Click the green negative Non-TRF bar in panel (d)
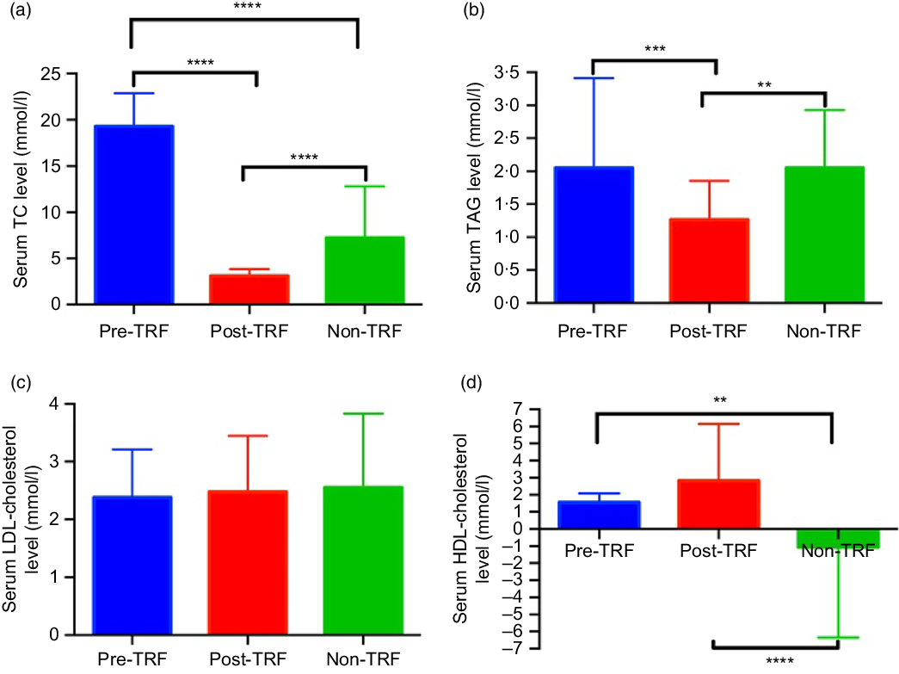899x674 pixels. point(831,538)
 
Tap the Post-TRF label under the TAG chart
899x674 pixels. point(710,330)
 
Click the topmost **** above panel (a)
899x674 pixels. point(243,7)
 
